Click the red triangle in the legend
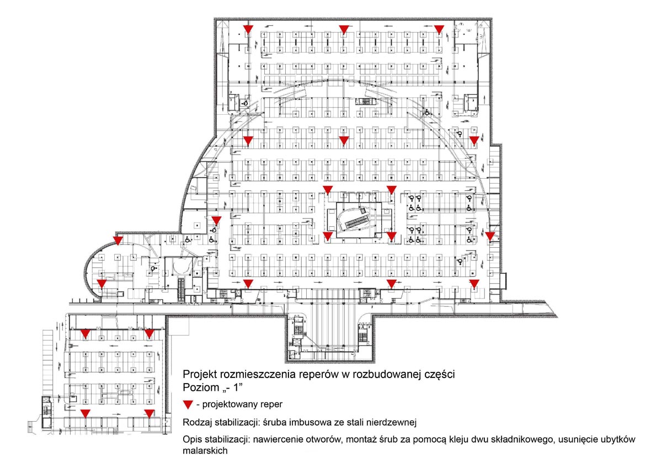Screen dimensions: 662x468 click(188, 404)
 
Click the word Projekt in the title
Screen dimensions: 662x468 click(200, 374)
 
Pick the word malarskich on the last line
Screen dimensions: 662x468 click(205, 450)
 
